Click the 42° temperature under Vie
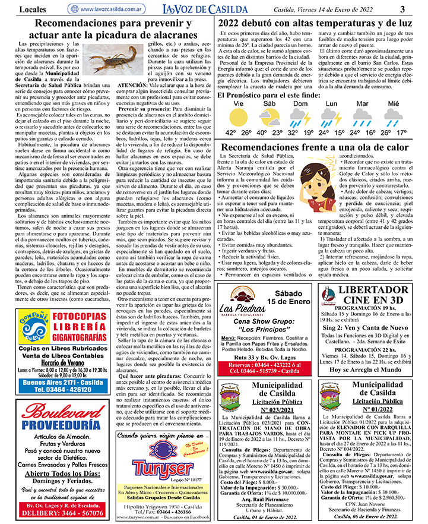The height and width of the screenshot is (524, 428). [230, 132]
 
